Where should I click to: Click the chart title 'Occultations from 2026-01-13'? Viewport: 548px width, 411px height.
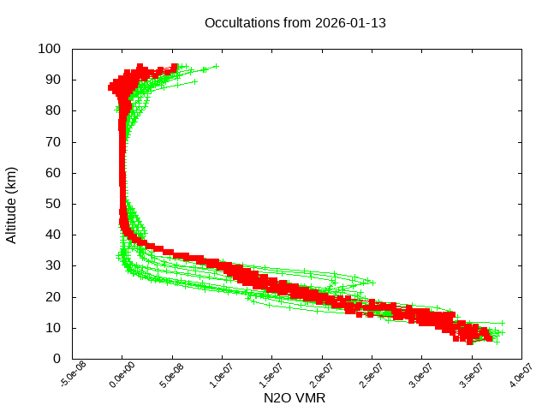tap(295, 22)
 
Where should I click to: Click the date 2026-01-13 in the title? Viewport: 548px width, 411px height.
tap(351, 22)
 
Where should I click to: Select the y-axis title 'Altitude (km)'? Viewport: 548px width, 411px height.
tap(11, 204)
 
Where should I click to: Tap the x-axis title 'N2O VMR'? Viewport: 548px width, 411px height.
tap(295, 398)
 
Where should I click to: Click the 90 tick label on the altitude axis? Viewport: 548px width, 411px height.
tap(53, 80)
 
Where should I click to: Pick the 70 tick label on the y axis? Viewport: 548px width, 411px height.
tap(53, 141)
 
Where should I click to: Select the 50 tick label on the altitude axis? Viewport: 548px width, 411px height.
tap(53, 204)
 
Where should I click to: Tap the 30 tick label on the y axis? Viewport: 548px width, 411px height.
tap(53, 265)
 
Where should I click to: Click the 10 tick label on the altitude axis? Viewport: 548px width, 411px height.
tap(53, 328)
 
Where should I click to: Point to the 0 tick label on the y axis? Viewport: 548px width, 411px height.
tap(57, 359)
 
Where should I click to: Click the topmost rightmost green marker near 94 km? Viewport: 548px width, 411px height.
tap(216, 66)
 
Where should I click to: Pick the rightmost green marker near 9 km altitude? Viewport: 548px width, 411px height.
tap(502, 332)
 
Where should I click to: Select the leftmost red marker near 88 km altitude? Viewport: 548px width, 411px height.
tap(111, 87)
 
